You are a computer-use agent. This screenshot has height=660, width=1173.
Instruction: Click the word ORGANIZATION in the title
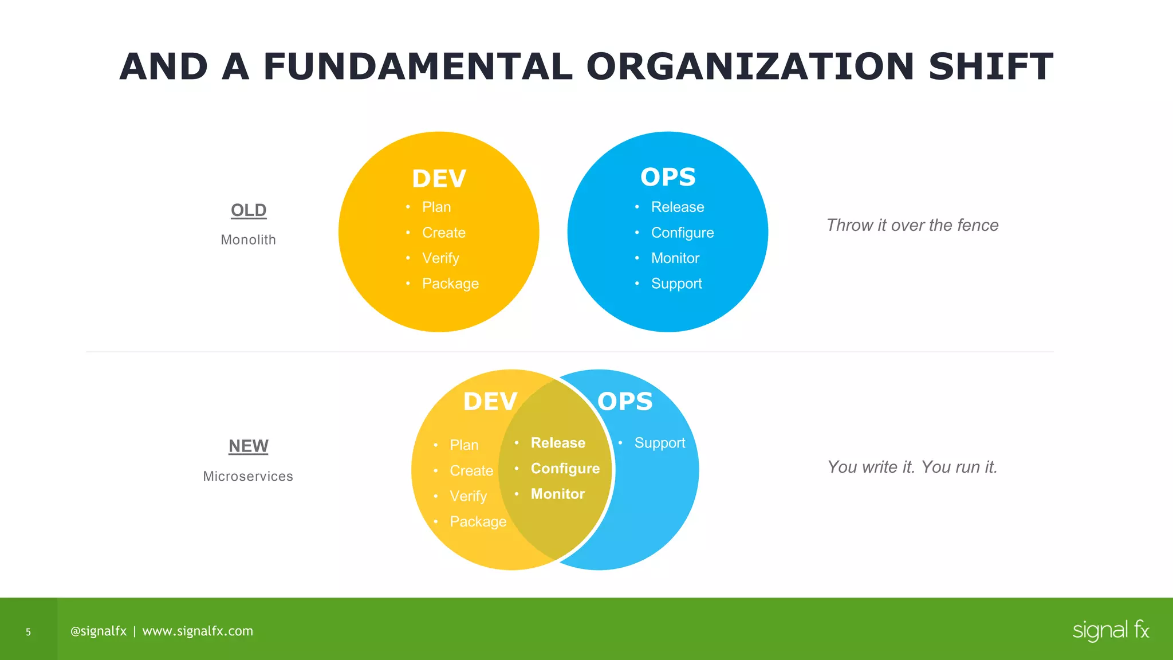point(750,67)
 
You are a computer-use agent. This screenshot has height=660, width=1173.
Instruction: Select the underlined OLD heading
point(249,210)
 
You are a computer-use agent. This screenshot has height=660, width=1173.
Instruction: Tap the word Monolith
point(249,240)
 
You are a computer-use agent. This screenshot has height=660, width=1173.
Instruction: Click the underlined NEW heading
point(249,446)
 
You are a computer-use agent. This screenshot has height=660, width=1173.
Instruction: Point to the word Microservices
point(248,476)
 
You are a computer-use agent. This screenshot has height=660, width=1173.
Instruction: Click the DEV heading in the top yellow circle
point(439,179)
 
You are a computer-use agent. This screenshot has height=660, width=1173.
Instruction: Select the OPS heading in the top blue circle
point(668,177)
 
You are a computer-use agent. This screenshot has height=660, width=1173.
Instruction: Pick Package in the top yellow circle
point(450,284)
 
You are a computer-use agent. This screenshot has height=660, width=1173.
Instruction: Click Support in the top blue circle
point(676,284)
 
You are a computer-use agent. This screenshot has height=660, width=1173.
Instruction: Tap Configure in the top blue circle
point(682,233)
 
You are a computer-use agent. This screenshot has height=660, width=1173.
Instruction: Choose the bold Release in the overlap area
point(558,443)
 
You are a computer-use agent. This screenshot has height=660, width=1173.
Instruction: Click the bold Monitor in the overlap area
point(558,494)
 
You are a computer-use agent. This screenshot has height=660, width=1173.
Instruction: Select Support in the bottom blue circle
point(660,443)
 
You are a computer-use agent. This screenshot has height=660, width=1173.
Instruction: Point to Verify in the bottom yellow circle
point(468,496)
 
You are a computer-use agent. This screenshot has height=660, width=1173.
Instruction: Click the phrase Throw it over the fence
point(912,225)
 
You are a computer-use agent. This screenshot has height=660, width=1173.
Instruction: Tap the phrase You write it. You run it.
point(912,467)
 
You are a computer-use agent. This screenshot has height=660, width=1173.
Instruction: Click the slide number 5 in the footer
point(28,632)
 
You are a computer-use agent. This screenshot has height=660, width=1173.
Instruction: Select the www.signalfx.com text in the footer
point(198,631)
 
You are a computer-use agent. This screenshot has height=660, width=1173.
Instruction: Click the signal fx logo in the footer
point(1111,630)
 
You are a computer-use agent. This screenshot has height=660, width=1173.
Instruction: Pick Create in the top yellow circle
point(444,233)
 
